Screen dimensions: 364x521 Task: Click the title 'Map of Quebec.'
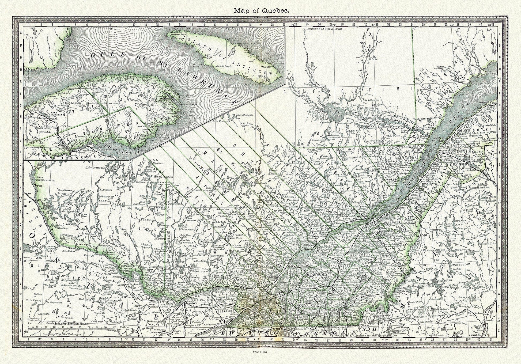tap(260, 10)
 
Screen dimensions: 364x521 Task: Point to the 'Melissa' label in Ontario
tap(38, 294)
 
